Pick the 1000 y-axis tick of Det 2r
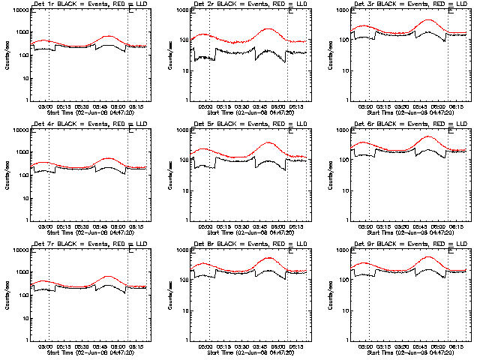click(182, 11)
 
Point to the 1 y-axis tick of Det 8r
click(187, 340)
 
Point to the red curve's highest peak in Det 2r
click(268, 28)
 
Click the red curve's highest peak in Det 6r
click(428, 136)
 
